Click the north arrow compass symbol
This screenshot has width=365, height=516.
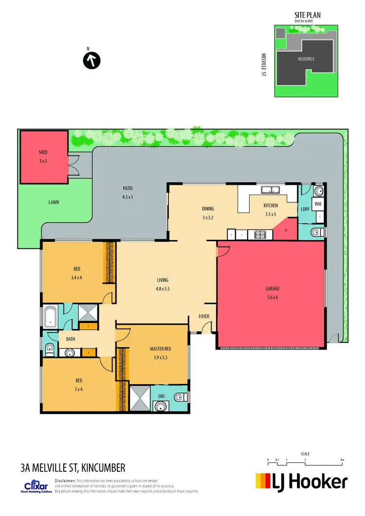(x=91, y=61)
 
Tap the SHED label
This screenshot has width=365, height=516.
(x=43, y=152)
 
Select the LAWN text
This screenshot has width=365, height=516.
(x=54, y=201)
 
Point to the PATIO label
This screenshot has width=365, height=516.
(x=128, y=188)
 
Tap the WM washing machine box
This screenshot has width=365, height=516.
(x=318, y=204)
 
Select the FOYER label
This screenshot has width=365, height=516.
(x=204, y=317)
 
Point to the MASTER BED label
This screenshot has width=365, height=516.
(x=163, y=349)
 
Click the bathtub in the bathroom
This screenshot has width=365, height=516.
(x=51, y=316)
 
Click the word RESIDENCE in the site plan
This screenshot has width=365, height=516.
(x=306, y=59)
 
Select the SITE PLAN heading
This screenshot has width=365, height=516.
(x=308, y=16)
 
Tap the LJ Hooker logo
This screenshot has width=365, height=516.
(x=302, y=481)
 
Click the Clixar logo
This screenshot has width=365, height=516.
(x=37, y=486)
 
